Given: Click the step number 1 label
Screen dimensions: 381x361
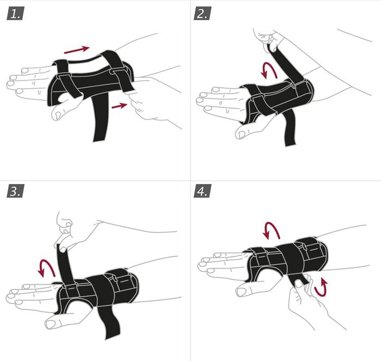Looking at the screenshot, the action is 15,14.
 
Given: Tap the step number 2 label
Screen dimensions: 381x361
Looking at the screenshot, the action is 202,14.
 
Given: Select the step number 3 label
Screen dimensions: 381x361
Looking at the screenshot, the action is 15,191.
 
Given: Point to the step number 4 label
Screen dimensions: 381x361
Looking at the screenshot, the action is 202,191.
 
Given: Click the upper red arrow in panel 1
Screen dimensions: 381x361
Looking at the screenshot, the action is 77,50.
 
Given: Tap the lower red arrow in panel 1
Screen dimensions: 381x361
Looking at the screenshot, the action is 119,106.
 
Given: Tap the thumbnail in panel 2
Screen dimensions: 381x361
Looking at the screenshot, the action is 241,134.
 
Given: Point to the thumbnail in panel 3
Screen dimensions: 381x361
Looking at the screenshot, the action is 51,324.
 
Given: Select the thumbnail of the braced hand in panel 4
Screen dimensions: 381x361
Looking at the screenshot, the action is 242,291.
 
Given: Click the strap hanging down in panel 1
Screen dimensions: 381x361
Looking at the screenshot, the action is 100,117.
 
